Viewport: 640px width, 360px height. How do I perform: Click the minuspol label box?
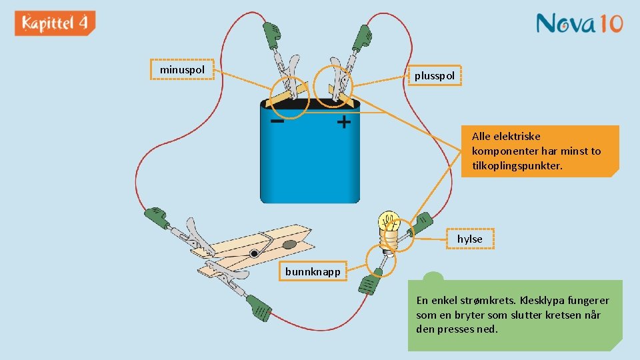click(x=182, y=69)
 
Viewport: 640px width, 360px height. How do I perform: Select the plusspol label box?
click(x=434, y=76)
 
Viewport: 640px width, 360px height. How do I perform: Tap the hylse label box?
click(x=469, y=239)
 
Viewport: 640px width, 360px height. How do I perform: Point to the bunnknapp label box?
click(x=313, y=271)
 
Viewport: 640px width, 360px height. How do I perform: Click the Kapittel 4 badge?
click(x=55, y=23)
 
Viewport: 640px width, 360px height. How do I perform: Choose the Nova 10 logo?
click(x=579, y=24)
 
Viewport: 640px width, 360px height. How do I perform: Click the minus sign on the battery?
click(x=277, y=122)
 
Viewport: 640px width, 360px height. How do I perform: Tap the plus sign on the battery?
click(x=343, y=123)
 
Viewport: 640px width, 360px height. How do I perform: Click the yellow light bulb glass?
click(x=388, y=221)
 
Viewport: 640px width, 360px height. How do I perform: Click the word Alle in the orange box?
click(x=485, y=136)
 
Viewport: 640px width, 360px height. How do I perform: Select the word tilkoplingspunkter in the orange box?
click(x=517, y=165)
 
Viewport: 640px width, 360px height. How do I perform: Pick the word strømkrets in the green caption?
click(x=487, y=301)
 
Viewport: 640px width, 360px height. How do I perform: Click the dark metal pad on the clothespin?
click(x=290, y=245)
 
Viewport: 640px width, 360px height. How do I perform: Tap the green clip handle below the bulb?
click(x=369, y=283)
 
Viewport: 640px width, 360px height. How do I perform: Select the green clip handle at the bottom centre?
click(x=259, y=308)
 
